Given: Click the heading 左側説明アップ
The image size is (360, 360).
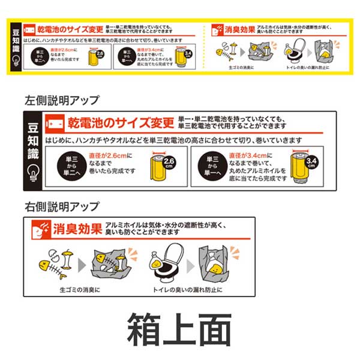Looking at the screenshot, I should tap(62, 100).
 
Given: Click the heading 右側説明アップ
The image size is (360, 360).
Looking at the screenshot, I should tap(62, 206).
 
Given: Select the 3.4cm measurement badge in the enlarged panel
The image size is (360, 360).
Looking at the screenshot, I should tap(311, 162).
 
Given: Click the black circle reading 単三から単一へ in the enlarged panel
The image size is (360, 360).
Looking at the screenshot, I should tap(212, 164).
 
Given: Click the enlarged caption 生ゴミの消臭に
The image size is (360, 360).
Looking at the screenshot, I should tap(80, 289).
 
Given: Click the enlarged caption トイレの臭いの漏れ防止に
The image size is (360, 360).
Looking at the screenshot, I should tap(187, 289).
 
